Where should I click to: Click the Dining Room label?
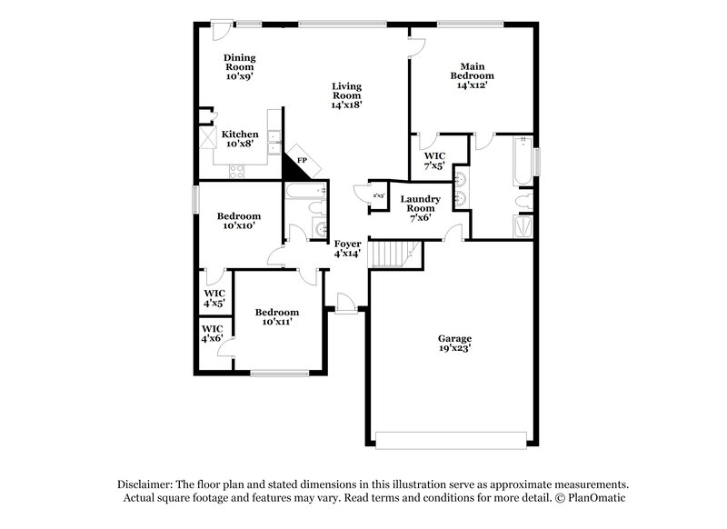click(240, 67)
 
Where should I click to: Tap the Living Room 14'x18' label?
click(346, 95)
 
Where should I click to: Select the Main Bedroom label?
click(473, 75)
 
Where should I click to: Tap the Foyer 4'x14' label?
click(347, 249)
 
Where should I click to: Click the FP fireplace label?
click(302, 159)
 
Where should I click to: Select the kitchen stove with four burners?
click(236, 170)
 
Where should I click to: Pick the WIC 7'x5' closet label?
click(435, 160)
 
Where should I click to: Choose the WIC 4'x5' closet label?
click(214, 297)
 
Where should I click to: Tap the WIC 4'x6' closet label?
click(212, 334)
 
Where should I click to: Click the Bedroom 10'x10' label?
click(239, 220)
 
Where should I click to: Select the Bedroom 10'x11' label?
click(276, 316)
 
